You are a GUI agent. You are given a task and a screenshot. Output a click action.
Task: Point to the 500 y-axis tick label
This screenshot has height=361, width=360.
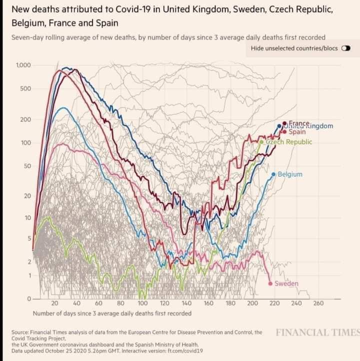(25, 89)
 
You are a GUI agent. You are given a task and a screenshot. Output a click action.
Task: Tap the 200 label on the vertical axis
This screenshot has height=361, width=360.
(25, 120)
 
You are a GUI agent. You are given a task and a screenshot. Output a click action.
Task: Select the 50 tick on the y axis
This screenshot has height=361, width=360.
(27, 165)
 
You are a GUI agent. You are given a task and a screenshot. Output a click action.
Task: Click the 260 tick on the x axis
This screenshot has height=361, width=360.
(318, 303)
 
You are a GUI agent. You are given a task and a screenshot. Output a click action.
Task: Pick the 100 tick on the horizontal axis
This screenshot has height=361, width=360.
(142, 303)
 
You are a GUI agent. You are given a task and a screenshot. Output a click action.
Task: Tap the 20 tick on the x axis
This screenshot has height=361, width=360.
(55, 303)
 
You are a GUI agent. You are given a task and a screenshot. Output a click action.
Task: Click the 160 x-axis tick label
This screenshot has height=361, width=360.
(208, 303)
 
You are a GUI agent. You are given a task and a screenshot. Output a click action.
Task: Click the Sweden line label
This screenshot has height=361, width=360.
(286, 284)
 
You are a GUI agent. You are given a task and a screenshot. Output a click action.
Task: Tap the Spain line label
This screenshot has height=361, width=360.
(297, 132)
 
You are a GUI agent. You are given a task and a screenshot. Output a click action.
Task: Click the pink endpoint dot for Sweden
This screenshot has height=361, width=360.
(270, 284)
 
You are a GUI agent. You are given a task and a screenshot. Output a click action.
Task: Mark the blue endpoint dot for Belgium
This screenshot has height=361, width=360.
(273, 174)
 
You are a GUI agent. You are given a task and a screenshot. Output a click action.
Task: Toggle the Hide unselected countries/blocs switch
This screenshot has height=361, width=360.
(345, 49)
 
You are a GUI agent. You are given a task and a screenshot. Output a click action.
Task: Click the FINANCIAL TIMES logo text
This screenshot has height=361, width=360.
(317, 332)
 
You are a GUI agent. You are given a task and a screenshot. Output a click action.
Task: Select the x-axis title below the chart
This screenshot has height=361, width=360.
(112, 313)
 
